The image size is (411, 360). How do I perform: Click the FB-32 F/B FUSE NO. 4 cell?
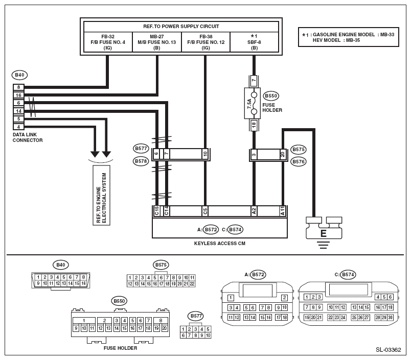pyautogui.click(x=108, y=42)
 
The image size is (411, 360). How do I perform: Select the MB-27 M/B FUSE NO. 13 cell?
pyautogui.click(x=157, y=42)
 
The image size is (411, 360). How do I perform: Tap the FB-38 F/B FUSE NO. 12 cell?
pyautogui.click(x=206, y=42)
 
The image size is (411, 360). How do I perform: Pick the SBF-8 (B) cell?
pyautogui.click(x=254, y=42)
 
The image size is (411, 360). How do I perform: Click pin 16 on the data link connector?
pyautogui.click(x=18, y=95)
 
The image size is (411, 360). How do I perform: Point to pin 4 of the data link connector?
pyautogui.click(x=18, y=127)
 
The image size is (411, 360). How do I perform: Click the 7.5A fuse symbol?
pyautogui.click(x=252, y=104)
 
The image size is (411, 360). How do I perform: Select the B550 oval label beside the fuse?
pyautogui.click(x=271, y=96)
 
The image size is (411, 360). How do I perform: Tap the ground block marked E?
pyautogui.click(x=324, y=228)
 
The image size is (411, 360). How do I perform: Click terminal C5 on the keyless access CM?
pyautogui.click(x=205, y=211)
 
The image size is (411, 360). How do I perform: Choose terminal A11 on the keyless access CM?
pyautogui.click(x=283, y=211)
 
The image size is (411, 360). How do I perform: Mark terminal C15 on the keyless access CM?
pyautogui.click(x=156, y=211)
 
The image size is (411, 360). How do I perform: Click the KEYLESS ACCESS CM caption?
pyautogui.click(x=220, y=244)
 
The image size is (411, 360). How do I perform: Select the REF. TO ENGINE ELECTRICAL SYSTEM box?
pyautogui.click(x=101, y=195)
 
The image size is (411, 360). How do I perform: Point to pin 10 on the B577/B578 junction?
pyautogui.click(x=205, y=154)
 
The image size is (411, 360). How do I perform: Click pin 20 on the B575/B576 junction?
pyautogui.click(x=283, y=154)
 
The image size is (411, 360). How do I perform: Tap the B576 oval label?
pyautogui.click(x=299, y=162)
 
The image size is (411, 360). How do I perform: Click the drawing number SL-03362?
pyautogui.click(x=389, y=350)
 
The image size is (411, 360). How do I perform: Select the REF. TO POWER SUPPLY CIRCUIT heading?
pyautogui.click(x=181, y=27)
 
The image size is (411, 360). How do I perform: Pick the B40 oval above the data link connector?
pyautogui.click(x=19, y=75)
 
